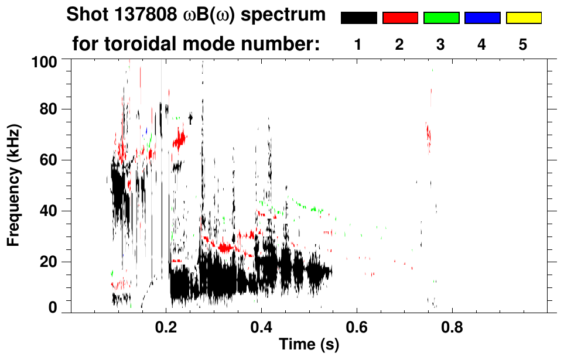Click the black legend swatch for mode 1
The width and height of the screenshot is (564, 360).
click(359, 18)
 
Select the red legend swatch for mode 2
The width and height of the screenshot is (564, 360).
click(400, 18)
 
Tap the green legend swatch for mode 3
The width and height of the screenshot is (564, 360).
click(441, 18)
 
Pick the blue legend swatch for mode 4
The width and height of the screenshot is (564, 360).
click(482, 18)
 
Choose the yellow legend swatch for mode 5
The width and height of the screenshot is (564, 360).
click(524, 18)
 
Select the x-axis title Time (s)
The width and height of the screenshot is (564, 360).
click(309, 345)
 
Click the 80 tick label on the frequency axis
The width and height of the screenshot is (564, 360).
click(48, 109)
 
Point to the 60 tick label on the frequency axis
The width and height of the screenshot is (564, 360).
click(48, 160)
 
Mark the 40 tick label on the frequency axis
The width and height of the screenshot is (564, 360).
click(48, 211)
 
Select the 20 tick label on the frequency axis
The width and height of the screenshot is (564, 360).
click(48, 261)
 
